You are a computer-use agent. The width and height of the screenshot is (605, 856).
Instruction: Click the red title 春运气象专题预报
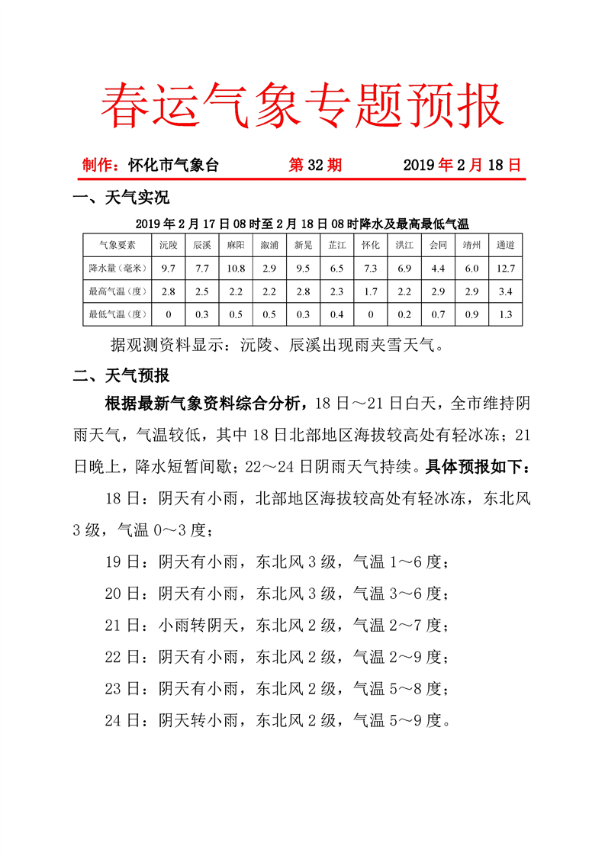coord(302,105)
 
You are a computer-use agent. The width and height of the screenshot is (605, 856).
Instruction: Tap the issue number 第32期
coord(314,165)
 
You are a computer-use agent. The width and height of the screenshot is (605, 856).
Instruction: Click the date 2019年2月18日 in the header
coord(462,165)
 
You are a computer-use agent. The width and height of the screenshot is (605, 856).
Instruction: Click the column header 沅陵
coord(168,245)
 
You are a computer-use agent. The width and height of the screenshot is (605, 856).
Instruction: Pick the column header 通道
coord(504,245)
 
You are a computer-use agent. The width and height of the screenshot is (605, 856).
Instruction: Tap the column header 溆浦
coord(269,245)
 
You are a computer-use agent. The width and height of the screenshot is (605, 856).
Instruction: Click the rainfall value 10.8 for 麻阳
coord(235,268)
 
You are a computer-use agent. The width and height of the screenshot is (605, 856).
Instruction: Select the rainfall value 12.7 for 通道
coord(504,268)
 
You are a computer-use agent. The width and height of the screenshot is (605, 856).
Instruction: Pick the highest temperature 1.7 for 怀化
coord(370,291)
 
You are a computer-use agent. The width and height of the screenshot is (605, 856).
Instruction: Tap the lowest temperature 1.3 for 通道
coord(504,314)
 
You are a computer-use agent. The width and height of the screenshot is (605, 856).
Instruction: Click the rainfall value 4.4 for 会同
coord(437,268)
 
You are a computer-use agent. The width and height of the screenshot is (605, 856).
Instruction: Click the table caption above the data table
coord(302,224)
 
